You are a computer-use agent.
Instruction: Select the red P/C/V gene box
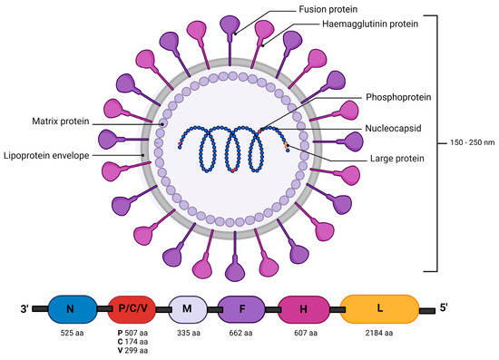point(134,310)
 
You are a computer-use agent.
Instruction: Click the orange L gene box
point(379,310)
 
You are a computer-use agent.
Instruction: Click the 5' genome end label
point(444,309)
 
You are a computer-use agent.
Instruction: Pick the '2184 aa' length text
point(379,334)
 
